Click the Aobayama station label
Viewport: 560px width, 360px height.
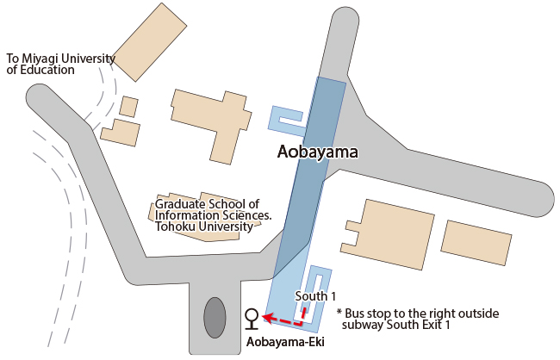(x=316, y=152)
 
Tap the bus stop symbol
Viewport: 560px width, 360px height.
(x=251, y=319)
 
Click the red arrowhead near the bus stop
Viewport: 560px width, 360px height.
(x=267, y=319)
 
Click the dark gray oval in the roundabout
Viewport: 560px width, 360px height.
(x=215, y=318)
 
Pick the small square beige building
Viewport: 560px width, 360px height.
(x=128, y=107)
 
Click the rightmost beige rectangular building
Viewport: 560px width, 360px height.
(x=476, y=242)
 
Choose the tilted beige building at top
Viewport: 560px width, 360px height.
(x=149, y=41)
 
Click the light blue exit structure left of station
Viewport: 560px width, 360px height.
(x=288, y=121)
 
